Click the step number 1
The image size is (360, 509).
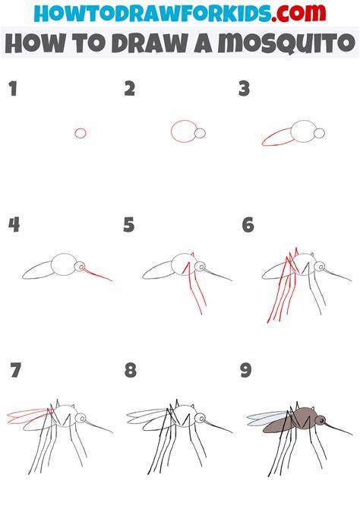[x=13, y=89]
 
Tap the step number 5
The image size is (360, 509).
[x=129, y=225]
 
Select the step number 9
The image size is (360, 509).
[x=246, y=370]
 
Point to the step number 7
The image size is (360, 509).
[x=16, y=370]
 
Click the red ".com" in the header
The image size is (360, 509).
[x=298, y=13]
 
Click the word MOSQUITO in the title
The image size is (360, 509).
[x=286, y=43]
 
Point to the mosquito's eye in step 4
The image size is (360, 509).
[x=81, y=267]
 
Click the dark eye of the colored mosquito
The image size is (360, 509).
[x=322, y=421]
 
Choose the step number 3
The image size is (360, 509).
[x=244, y=89]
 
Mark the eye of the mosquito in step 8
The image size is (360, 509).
[x=202, y=418]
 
